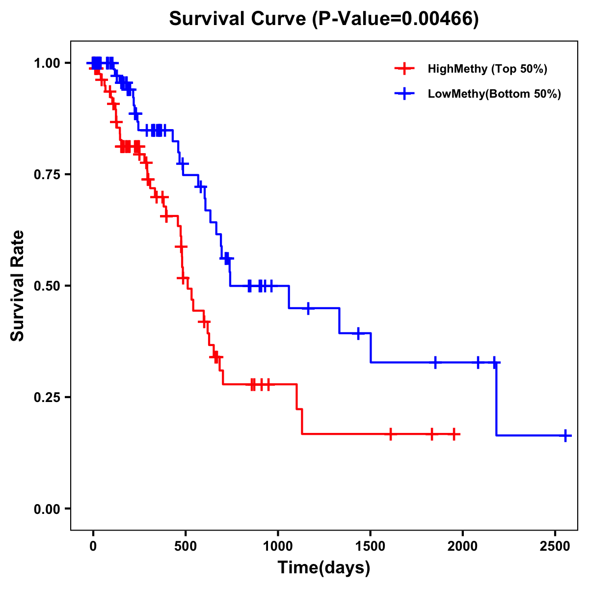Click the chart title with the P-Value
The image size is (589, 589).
point(324,19)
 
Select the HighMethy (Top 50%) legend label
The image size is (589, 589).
point(487,69)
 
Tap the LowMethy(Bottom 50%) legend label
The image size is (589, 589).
point(494,94)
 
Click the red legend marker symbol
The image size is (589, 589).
point(404,69)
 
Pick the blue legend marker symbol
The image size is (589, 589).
point(404,94)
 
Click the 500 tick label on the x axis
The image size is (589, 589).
point(186,545)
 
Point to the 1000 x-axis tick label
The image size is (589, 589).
point(278,545)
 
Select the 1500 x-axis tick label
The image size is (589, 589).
point(370,545)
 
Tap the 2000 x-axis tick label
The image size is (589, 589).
point(462,545)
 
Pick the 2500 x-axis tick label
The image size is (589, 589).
point(555,545)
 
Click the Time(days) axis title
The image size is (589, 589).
point(324,568)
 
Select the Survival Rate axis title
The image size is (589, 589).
point(18,286)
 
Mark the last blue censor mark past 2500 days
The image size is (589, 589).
point(565,435)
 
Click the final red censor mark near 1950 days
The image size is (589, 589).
point(454,434)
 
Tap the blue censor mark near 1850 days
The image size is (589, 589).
point(435,362)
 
